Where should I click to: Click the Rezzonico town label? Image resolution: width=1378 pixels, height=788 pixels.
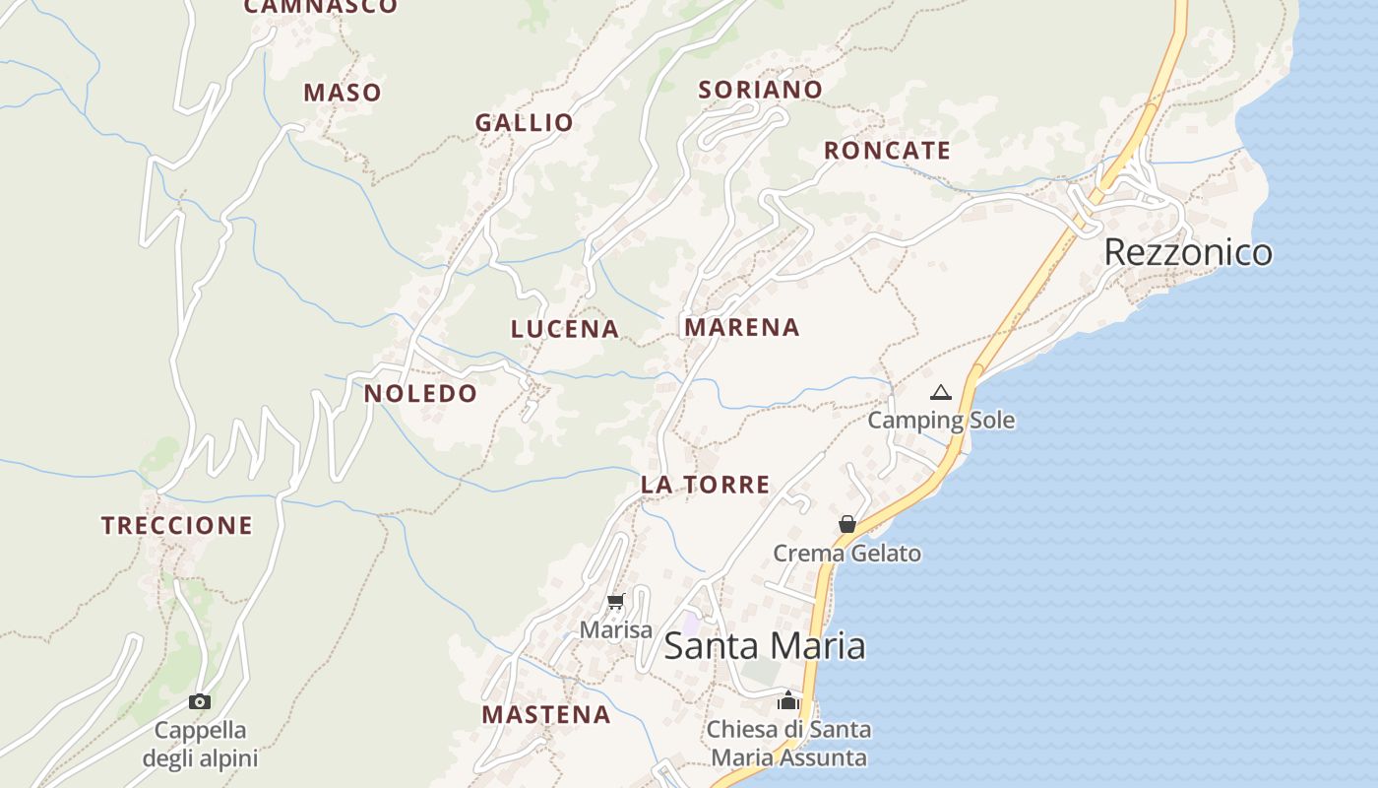(x=1188, y=252)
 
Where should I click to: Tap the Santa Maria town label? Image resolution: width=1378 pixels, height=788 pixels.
(x=765, y=646)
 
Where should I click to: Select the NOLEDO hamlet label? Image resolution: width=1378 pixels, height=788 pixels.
(x=420, y=394)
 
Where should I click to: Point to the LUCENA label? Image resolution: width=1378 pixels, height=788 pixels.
(x=565, y=329)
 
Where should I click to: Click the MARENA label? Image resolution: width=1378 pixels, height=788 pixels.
(x=742, y=327)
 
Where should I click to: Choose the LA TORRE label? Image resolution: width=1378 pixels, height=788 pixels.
(x=705, y=485)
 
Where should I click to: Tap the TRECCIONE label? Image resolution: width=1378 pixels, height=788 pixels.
(x=177, y=526)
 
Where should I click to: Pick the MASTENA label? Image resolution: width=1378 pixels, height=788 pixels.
(x=546, y=715)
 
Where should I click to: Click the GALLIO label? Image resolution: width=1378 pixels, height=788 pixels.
(x=524, y=123)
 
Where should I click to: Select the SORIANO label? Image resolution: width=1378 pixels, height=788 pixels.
(x=760, y=90)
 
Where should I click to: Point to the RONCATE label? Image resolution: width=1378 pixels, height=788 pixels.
(x=887, y=151)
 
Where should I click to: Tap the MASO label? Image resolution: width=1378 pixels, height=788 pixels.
(x=342, y=93)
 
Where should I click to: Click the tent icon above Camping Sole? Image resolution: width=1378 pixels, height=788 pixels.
(x=941, y=393)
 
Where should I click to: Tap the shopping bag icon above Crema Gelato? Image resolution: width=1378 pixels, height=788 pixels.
(x=846, y=524)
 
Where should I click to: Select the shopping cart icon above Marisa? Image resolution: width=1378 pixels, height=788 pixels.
(x=616, y=601)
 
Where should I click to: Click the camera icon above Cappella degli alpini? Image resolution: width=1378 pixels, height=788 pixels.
(x=200, y=701)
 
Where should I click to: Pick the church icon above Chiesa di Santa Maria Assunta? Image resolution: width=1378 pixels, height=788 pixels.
(x=787, y=700)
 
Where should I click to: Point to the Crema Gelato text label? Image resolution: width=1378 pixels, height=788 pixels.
(x=846, y=554)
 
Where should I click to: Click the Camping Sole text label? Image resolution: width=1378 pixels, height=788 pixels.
(x=941, y=421)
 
